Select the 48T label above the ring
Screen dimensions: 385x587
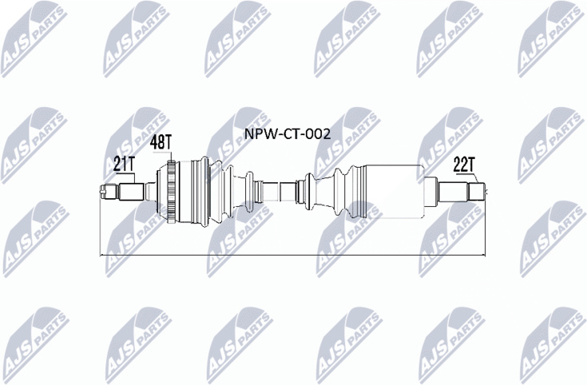pyautogui.click(x=161, y=144)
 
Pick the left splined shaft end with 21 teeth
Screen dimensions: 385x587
pyautogui.click(x=115, y=192)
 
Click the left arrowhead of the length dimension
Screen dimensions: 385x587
pyautogui.click(x=101, y=256)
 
